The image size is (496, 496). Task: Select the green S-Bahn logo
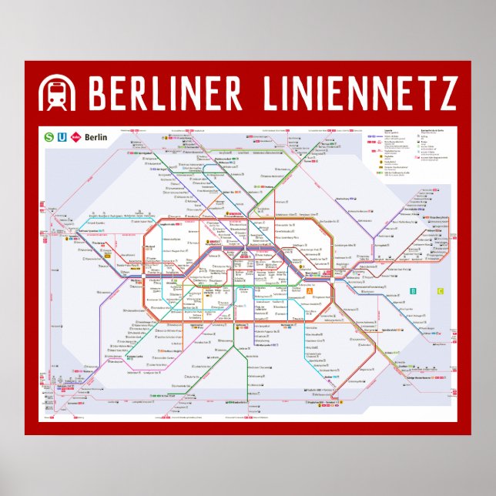point(49,137)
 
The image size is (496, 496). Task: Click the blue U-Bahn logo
point(62,137)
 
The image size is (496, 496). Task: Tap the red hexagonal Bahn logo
point(75,137)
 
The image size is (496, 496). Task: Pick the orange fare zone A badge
point(310,292)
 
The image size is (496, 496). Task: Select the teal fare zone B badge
point(414,291)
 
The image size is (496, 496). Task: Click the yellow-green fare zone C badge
point(441,291)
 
